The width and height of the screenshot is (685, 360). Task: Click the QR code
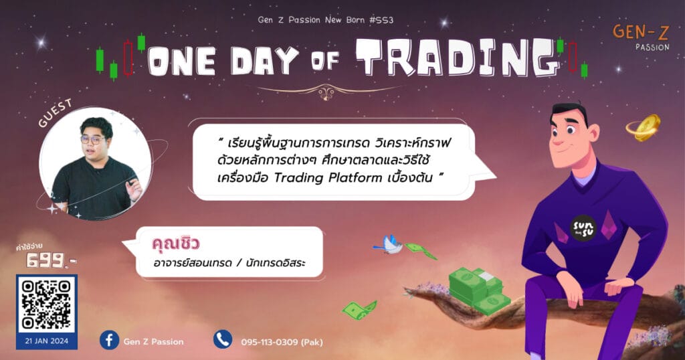click(46, 304)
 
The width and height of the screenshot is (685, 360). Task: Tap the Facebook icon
click(109, 340)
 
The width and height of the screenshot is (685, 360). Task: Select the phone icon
click(222, 339)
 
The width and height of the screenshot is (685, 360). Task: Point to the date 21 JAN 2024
click(46, 341)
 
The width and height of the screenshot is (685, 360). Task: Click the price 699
click(47, 261)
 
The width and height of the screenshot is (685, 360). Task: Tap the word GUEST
click(55, 113)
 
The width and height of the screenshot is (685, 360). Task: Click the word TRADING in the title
click(459, 58)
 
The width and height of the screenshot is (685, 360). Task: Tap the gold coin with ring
click(644, 128)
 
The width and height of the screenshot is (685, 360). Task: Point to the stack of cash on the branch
click(478, 290)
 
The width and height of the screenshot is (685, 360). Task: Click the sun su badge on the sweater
click(583, 228)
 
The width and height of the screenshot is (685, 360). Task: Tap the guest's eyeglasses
click(93, 141)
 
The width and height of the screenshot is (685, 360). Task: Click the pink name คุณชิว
click(176, 243)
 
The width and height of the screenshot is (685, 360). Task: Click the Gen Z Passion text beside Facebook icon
click(153, 342)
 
